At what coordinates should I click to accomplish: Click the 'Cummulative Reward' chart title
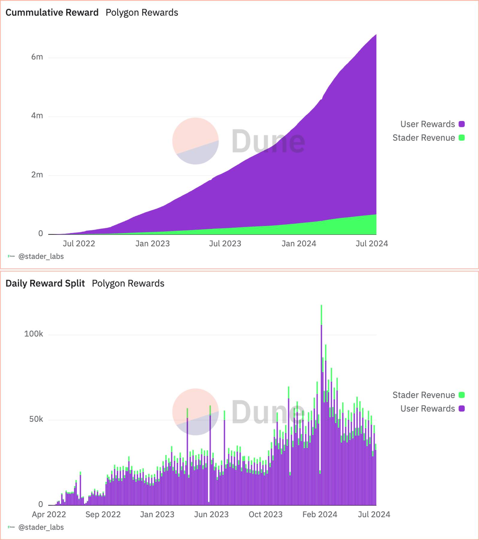click(x=52, y=13)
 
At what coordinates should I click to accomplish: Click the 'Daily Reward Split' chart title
click(x=45, y=283)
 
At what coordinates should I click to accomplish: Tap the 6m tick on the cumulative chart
click(x=37, y=57)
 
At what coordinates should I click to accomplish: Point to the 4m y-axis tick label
click(x=37, y=116)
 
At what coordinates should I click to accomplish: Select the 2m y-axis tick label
click(x=37, y=175)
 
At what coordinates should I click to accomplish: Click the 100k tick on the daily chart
click(x=34, y=334)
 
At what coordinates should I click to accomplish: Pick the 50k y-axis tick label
click(x=36, y=419)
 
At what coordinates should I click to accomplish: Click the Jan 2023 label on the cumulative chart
click(x=152, y=244)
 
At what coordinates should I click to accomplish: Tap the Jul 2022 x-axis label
click(x=79, y=244)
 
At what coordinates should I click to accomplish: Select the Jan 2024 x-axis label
click(x=299, y=244)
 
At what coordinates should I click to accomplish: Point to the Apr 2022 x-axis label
click(x=49, y=515)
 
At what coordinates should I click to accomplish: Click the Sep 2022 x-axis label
click(x=103, y=515)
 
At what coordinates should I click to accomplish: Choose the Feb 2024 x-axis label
click(x=320, y=515)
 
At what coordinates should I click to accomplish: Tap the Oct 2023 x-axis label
click(x=266, y=515)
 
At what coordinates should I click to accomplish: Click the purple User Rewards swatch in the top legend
click(x=462, y=124)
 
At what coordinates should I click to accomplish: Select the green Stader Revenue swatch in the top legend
click(x=462, y=138)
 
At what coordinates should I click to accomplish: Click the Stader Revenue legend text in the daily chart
click(x=424, y=395)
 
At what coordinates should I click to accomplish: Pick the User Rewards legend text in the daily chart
click(x=428, y=409)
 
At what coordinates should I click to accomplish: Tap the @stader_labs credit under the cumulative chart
click(x=41, y=257)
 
